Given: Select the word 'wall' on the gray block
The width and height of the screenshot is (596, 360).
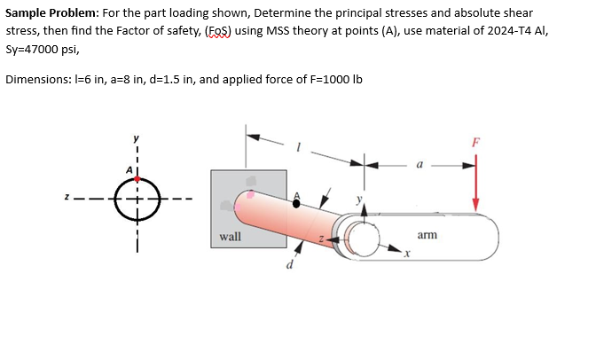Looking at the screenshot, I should [x=230, y=237].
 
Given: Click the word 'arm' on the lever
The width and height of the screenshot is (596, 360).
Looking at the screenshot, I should [x=427, y=235].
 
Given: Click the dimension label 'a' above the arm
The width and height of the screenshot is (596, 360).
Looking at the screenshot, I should [x=419, y=165].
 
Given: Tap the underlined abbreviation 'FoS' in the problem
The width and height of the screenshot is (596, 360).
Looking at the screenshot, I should [x=221, y=30].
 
